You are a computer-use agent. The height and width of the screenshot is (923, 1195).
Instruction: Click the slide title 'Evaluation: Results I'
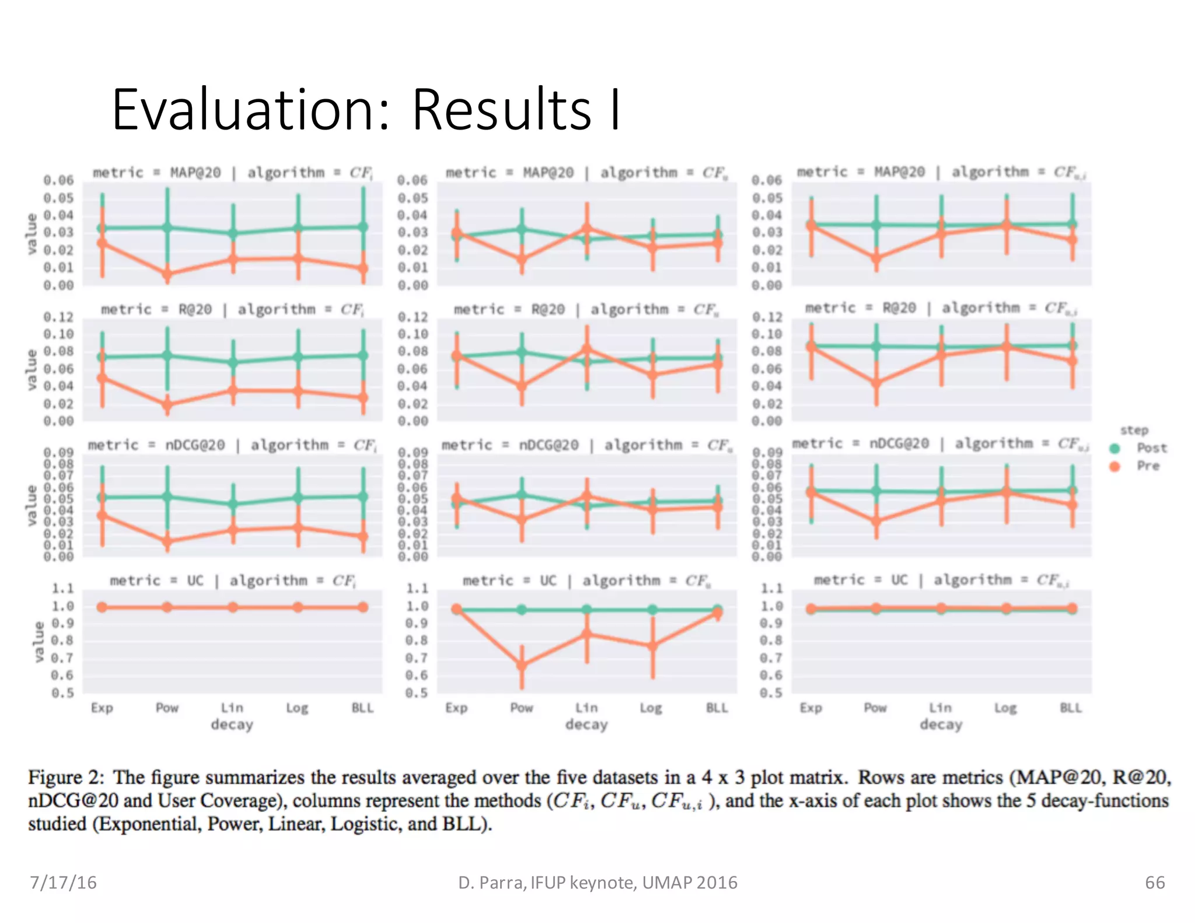pos(366,110)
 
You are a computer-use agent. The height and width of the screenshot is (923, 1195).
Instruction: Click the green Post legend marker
pos(1114,449)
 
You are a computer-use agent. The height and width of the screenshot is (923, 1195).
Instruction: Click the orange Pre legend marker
pos(1114,466)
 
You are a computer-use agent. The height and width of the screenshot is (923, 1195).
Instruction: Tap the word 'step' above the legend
pos(1134,431)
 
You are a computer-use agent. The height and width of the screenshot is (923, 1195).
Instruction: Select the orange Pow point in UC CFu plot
pos(522,665)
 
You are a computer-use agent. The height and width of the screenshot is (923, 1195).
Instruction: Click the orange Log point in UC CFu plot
pos(652,645)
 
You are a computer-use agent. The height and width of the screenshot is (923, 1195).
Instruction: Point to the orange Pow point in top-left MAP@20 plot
pos(167,273)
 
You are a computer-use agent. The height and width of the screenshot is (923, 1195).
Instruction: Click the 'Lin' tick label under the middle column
pos(586,708)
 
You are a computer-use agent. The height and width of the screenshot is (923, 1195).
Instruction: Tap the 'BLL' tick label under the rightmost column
pos(1071,708)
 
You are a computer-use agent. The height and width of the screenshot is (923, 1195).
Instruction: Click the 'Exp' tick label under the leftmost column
pos(102,708)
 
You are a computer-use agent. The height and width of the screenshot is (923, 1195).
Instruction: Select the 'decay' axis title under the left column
pos(232,725)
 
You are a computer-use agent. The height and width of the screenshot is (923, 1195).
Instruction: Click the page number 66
pos(1155,882)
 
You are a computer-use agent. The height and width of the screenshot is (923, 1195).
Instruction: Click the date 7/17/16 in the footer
pos(63,882)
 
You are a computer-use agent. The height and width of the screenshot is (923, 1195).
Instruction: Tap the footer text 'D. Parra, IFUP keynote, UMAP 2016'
pos(597,882)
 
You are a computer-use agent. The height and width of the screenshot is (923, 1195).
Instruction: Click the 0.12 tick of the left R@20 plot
pos(58,317)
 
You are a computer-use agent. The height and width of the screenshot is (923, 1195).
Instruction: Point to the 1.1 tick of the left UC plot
pos(62,588)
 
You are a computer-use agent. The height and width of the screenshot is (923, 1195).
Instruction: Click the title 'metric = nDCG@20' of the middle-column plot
pos(510,445)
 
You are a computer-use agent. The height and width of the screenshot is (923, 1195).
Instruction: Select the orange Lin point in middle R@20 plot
pos(587,349)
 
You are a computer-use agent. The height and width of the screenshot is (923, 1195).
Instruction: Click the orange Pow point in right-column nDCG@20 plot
pos(876,521)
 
